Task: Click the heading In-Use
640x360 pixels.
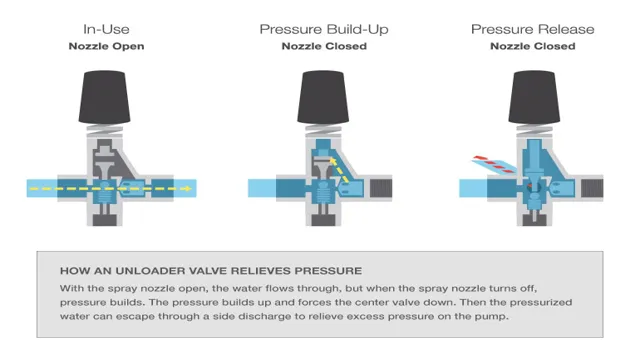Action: click(107, 29)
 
